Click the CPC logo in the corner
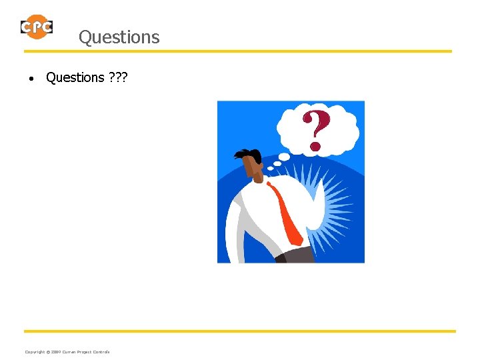pos(36,27)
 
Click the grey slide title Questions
pos(119,37)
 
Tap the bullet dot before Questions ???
pos(31,79)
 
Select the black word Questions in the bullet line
pos(75,77)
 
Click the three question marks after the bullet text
pos(117,77)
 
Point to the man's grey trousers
pos(298,254)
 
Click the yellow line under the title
pos(237,51)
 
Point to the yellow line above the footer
pos(240,331)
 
